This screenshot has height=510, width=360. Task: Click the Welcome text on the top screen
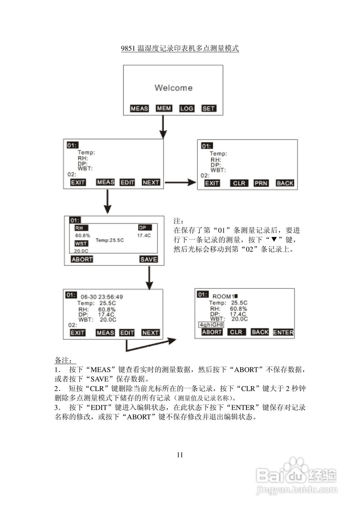(173, 88)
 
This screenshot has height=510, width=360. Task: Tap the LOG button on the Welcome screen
(186, 108)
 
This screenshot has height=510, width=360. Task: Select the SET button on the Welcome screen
(208, 108)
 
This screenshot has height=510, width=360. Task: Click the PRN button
(261, 183)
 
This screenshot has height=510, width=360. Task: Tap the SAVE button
(149, 259)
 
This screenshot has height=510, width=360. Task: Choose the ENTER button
(283, 332)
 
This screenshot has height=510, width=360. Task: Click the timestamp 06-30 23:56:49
(102, 297)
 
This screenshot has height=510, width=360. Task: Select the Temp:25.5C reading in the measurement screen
(110, 240)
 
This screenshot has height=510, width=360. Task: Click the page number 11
(180, 455)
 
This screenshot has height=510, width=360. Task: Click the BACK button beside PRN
(285, 183)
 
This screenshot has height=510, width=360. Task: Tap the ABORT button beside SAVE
(82, 259)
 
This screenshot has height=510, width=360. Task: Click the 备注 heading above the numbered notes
(63, 361)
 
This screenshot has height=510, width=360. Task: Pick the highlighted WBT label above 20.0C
(81, 243)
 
